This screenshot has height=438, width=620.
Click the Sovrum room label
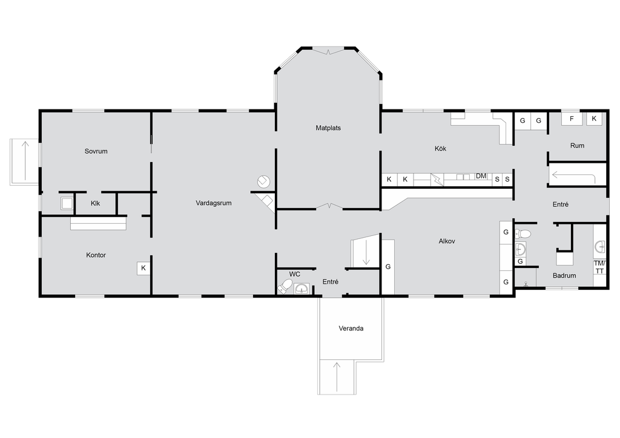click(x=96, y=151)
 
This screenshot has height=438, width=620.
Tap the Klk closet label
click(x=95, y=203)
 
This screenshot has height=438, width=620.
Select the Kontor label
click(x=96, y=255)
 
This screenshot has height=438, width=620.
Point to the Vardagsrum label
click(x=214, y=203)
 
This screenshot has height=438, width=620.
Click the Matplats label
click(x=328, y=128)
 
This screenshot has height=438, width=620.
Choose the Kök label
click(x=441, y=148)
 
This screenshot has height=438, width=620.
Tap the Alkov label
click(x=447, y=241)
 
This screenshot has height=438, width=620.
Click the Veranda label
click(x=351, y=328)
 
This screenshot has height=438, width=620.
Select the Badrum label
click(x=564, y=276)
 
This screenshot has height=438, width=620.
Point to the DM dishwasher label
click(x=481, y=176)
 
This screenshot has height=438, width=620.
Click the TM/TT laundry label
click(x=599, y=267)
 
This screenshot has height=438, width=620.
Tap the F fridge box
click(x=572, y=119)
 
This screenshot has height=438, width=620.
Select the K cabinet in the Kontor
click(x=143, y=268)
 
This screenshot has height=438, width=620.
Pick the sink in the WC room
click(x=302, y=289)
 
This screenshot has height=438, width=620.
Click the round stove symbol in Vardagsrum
click(x=263, y=181)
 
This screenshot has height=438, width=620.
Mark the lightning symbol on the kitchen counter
click(x=437, y=180)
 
